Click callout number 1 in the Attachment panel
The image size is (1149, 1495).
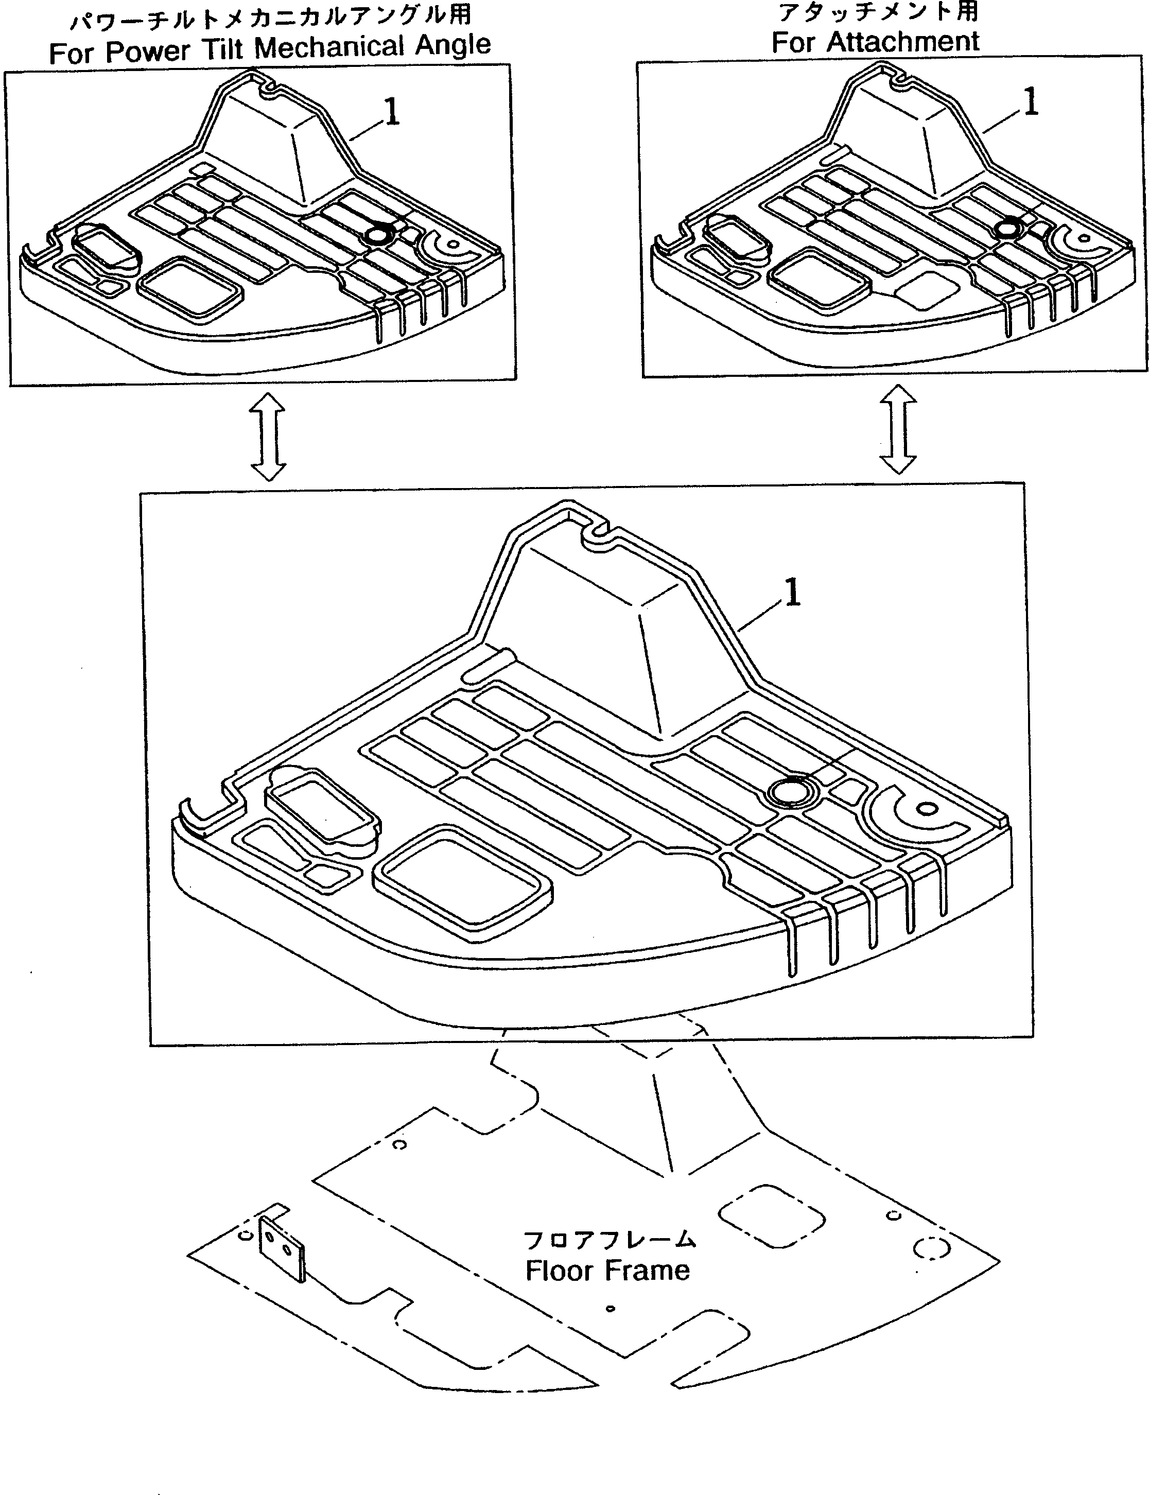coord(1031,102)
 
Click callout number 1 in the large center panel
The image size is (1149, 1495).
coord(792,592)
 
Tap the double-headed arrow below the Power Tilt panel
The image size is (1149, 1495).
coord(268,437)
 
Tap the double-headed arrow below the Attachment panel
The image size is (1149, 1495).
coord(897,429)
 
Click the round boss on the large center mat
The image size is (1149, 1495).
coord(789,792)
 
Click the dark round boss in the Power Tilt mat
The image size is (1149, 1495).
coord(377,236)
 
